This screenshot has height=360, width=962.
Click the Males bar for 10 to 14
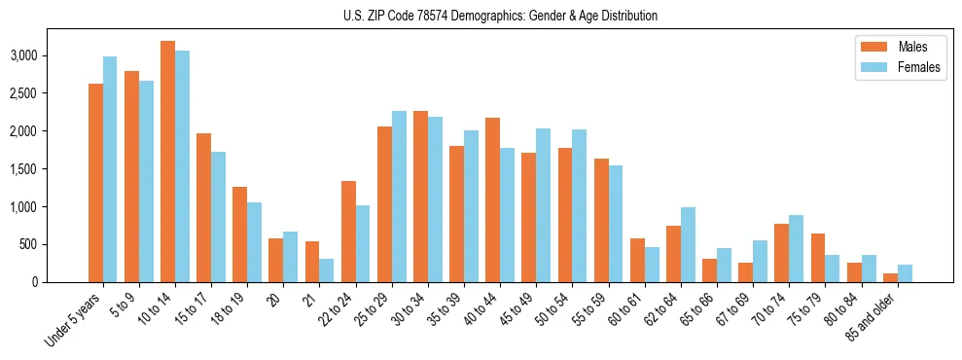pos(167,162)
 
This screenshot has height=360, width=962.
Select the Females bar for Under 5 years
pos(110,169)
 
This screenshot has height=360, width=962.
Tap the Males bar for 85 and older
pos(890,277)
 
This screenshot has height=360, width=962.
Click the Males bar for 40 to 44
pos(492,199)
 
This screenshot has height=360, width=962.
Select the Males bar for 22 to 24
pos(348,232)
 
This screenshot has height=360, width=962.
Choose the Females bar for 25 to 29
pos(399,197)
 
